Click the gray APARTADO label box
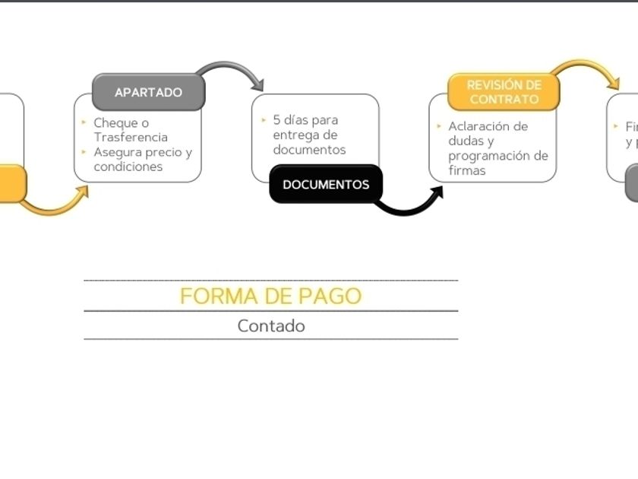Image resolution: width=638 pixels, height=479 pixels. pyautogui.click(x=148, y=92)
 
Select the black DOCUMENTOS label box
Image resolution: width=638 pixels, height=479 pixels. pyautogui.click(x=326, y=184)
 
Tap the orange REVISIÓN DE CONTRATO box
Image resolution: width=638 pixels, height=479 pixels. pyautogui.click(x=504, y=92)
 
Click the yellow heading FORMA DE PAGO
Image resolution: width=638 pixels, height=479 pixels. pyautogui.click(x=270, y=296)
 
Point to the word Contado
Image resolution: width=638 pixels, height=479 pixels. pyautogui.click(x=271, y=326)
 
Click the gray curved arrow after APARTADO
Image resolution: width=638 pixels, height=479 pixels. pyautogui.click(x=232, y=72)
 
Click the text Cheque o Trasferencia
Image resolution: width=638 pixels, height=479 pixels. pyautogui.click(x=131, y=130)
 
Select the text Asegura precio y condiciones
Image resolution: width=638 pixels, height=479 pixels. pyautogui.click(x=143, y=159)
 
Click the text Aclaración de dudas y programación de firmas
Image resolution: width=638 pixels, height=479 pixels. pyautogui.click(x=497, y=148)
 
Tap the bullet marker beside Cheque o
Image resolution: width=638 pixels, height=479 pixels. pyautogui.click(x=84, y=122)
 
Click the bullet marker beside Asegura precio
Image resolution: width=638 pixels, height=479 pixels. pyautogui.click(x=84, y=152)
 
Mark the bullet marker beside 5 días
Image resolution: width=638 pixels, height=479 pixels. pyautogui.click(x=264, y=120)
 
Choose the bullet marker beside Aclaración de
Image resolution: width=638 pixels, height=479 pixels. pyautogui.click(x=439, y=126)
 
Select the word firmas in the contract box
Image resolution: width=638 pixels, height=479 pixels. pyautogui.click(x=466, y=170)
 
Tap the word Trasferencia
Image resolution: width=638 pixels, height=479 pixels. pyautogui.click(x=131, y=137)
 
